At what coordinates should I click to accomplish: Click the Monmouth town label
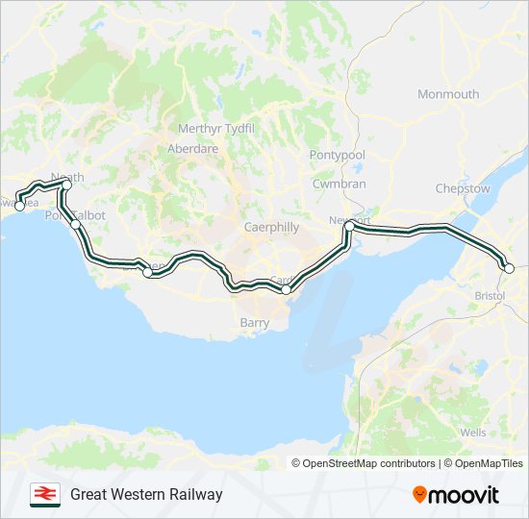click(448, 94)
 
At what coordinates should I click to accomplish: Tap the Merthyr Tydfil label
click(216, 129)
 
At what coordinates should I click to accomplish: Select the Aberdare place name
click(192, 149)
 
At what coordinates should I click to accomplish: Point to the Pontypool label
click(338, 155)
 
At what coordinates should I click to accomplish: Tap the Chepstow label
click(463, 189)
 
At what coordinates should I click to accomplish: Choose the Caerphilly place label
click(244, 228)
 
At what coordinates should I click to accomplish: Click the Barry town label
click(255, 323)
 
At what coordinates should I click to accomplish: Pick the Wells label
click(473, 432)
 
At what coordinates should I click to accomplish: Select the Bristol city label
click(491, 296)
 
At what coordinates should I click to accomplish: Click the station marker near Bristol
click(509, 268)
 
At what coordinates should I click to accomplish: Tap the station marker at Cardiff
click(286, 289)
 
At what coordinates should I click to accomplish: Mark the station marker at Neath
click(66, 184)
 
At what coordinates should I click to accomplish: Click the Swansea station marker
click(19, 206)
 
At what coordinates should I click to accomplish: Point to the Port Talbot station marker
click(74, 224)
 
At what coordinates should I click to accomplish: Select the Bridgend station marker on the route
click(147, 272)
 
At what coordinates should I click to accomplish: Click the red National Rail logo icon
click(42, 494)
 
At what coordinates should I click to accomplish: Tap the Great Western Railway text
click(146, 494)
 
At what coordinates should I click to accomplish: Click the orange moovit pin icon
click(419, 495)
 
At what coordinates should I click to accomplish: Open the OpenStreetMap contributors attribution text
click(368, 463)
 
